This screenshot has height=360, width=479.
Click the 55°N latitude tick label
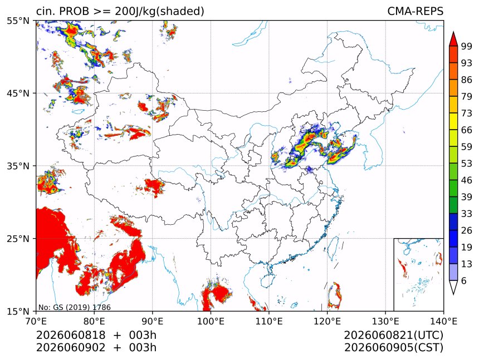18,21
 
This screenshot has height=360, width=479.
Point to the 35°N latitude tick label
18,166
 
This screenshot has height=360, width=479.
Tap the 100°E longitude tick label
211,321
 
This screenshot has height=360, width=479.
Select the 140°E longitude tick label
443,321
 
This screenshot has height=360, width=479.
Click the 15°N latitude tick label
18,312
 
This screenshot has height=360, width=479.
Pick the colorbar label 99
467,46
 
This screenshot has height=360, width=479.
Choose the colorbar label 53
467,164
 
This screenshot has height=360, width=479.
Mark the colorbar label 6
464,280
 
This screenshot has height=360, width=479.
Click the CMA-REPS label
415,11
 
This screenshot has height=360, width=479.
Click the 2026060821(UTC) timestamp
393,335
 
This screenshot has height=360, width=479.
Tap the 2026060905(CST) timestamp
393,348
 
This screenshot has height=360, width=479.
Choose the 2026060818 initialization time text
71,335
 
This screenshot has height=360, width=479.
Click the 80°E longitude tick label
94,321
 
